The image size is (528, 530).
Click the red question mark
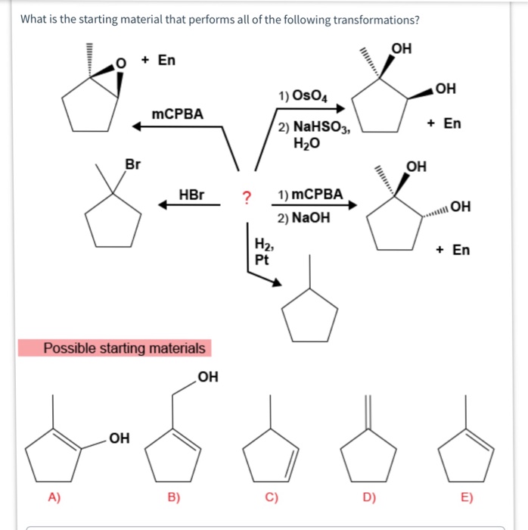coord(246,197)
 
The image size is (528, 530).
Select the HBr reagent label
coord(191,195)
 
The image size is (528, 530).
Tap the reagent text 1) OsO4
coord(303,95)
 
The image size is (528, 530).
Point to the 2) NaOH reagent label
coord(303,217)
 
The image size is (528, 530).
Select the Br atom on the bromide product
coord(132,163)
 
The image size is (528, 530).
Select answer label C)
coord(272,497)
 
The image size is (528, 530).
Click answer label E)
coord(466,497)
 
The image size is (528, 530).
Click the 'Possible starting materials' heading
coord(124,348)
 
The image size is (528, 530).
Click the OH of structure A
coord(119,438)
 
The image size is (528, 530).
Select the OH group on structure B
coord(207,376)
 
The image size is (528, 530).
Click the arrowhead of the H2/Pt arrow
coord(278,283)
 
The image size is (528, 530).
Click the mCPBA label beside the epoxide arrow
coord(178,114)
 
